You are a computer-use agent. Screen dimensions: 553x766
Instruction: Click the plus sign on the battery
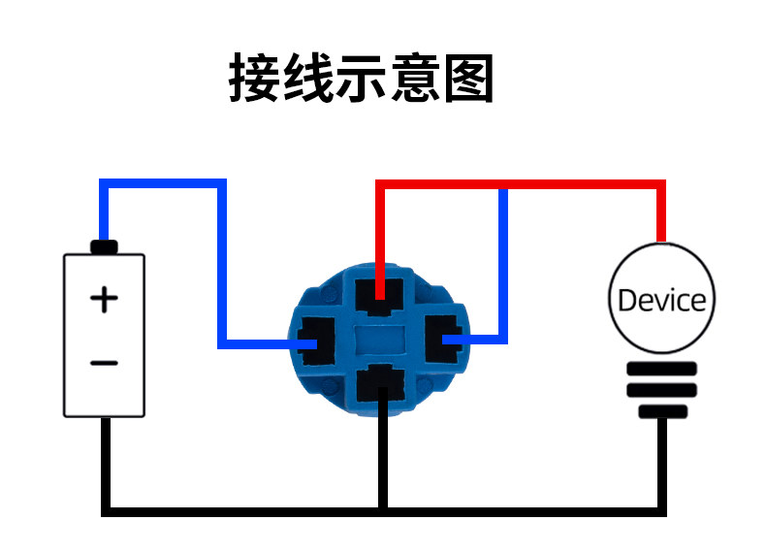coord(104,299)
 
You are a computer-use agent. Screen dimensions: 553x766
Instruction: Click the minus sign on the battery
coord(104,364)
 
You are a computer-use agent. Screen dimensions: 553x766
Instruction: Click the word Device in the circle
coord(661,300)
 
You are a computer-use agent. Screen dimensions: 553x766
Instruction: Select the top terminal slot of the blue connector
coord(381,295)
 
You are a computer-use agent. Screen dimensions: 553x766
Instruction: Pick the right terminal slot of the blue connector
coord(447,339)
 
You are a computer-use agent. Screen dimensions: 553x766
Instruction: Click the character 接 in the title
coord(254,78)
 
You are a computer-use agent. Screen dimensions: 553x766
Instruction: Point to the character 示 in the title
coord(362,78)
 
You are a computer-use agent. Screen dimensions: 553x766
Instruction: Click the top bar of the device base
coord(661,370)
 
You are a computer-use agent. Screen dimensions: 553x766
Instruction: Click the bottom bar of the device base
coord(661,411)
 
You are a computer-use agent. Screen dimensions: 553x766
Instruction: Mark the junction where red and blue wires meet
coord(502,186)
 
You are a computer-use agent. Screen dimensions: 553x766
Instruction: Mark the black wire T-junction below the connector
coord(382,508)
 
